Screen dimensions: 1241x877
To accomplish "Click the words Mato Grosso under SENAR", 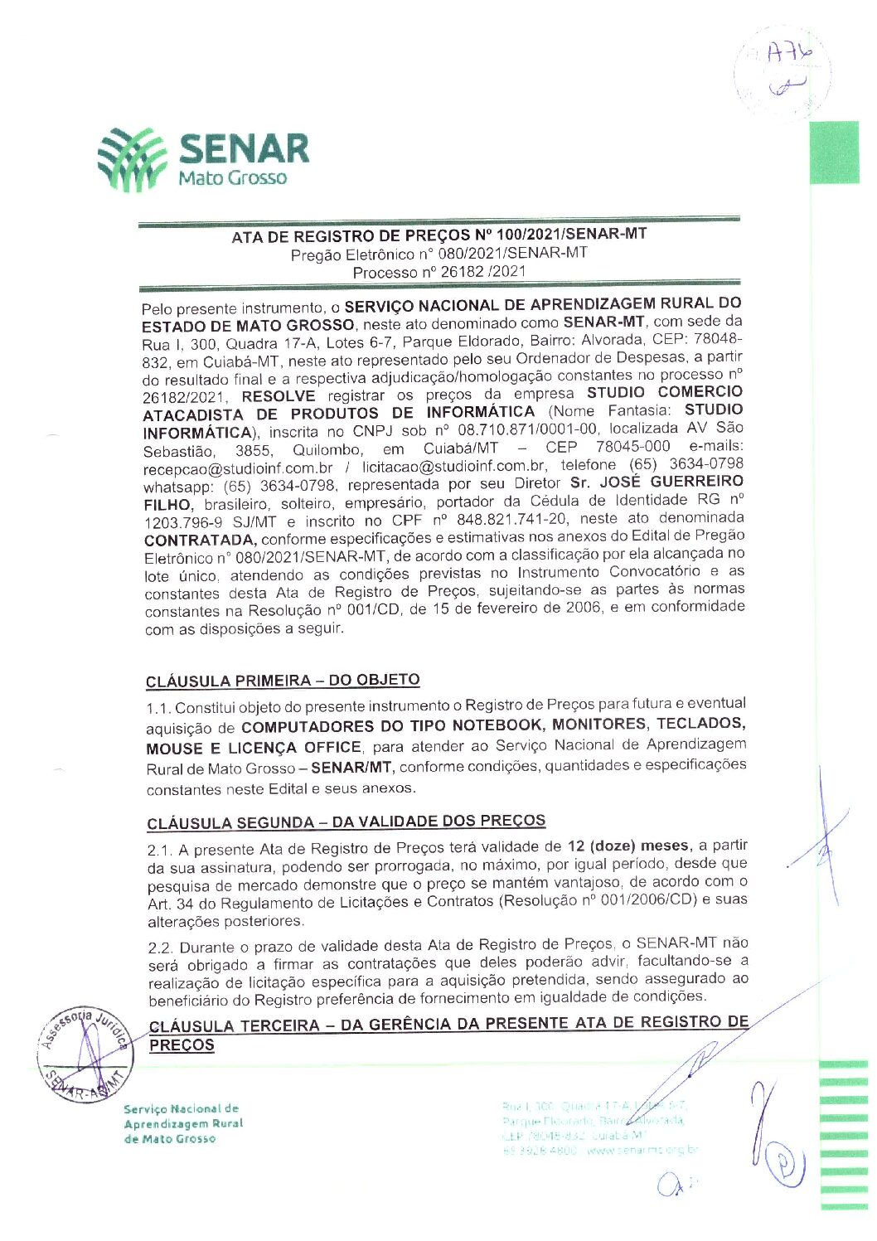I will pyautogui.click(x=233, y=177).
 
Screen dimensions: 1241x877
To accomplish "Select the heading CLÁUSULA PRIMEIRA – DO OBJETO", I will pyautogui.click(x=283, y=681).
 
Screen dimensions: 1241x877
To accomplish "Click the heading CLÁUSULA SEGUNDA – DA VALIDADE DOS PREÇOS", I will pyautogui.click(x=346, y=822).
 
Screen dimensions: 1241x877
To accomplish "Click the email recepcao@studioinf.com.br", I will pyautogui.click(x=238, y=468).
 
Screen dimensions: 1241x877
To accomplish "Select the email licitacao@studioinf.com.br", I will pyautogui.click(x=453, y=467).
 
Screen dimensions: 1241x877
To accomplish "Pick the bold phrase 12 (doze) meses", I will pyautogui.click(x=627, y=846).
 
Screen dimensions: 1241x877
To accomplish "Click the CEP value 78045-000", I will pyautogui.click(x=632, y=447).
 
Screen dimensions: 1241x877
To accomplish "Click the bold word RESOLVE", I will pyautogui.click(x=279, y=396).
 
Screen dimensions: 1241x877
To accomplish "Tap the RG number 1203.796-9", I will pyautogui.click(x=183, y=522).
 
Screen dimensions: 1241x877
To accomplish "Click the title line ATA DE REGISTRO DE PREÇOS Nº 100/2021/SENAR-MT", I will pyautogui.click(x=438, y=235).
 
